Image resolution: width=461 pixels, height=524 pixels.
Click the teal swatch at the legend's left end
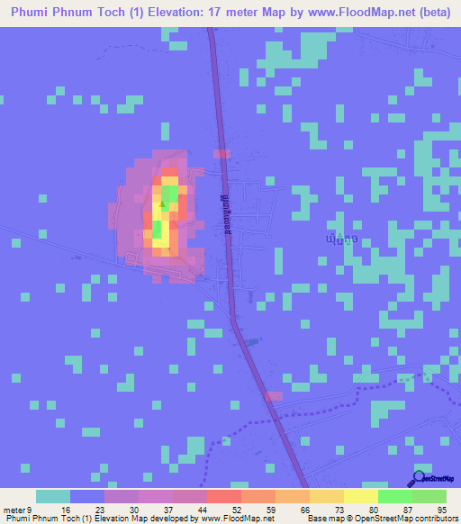pos(53,496)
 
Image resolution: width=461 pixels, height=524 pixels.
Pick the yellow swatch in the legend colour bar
pos(360,496)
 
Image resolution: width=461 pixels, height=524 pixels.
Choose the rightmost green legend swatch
pos(429,496)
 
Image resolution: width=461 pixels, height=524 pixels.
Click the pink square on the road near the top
pos(221,154)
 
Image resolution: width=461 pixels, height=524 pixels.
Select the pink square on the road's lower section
pos(274,395)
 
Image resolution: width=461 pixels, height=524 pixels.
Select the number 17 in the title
pos(228,13)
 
